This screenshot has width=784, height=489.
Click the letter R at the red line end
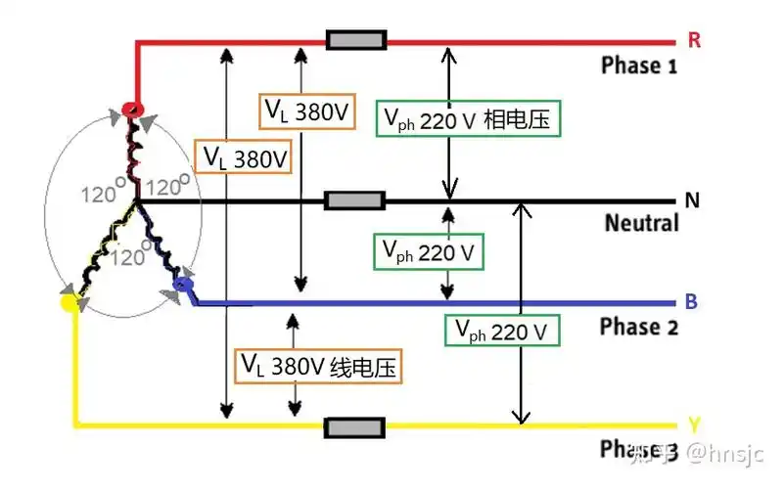click(x=693, y=42)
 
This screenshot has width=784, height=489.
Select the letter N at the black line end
click(x=692, y=201)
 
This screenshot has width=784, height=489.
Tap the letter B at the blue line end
click(x=691, y=302)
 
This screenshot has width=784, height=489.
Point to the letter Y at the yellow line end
click(x=693, y=425)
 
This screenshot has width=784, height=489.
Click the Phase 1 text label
click(x=639, y=67)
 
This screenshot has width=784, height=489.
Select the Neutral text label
click(x=641, y=224)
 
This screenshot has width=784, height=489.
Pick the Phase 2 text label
click(x=639, y=327)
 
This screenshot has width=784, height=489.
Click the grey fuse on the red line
click(x=355, y=41)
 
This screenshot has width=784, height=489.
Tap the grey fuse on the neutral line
click(x=353, y=201)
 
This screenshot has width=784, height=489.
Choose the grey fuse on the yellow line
click(x=354, y=427)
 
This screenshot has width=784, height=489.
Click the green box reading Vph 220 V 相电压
click(x=469, y=120)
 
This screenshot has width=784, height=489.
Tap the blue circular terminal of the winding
click(x=181, y=286)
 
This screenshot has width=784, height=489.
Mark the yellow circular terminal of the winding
click(x=69, y=302)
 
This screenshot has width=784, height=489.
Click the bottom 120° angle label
click(x=133, y=258)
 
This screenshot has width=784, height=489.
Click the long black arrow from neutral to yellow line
click(x=521, y=313)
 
